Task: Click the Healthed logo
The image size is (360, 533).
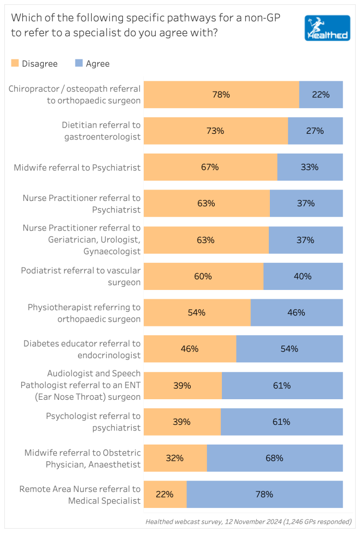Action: (327, 28)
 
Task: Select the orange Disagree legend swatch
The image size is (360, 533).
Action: (15, 64)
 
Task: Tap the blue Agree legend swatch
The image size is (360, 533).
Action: (79, 64)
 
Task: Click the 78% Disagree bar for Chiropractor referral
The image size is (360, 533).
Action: (221, 95)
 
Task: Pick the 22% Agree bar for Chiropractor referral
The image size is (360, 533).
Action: (321, 95)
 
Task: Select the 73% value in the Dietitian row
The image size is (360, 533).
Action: (215, 131)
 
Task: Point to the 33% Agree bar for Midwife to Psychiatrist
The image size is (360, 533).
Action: (310, 167)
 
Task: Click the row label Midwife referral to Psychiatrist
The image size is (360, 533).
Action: (78, 168)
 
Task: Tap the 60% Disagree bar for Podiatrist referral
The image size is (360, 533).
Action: (203, 276)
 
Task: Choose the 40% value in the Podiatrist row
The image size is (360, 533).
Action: (303, 276)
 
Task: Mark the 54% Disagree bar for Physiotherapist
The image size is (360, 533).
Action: (197, 313)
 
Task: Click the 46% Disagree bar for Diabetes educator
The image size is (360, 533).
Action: (190, 349)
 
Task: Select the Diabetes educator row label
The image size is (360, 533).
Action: (82, 349)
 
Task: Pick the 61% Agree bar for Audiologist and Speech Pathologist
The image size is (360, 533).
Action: (282, 386)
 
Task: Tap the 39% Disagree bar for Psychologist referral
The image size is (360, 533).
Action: (182, 422)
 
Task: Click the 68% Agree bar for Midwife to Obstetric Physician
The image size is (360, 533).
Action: (275, 458)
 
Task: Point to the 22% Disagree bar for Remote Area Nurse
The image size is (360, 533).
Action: (165, 494)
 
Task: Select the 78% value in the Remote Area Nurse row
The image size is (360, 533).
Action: (265, 494)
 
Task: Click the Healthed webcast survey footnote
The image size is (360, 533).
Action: (249, 522)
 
